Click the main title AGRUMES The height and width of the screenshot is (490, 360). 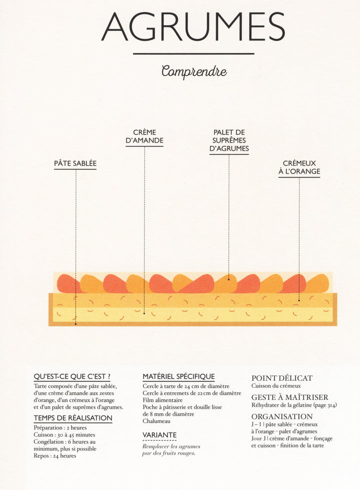pyautogui.click(x=193, y=27)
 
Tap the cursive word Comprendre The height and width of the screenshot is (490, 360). pyautogui.click(x=194, y=71)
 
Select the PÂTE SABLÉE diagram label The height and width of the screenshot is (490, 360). pyautogui.click(x=75, y=164)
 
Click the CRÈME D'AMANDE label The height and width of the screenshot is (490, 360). pyautogui.click(x=144, y=137)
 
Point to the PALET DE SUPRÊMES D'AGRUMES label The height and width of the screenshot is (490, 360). pyautogui.click(x=229, y=141)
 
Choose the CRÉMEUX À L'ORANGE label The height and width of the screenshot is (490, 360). pyautogui.click(x=299, y=167)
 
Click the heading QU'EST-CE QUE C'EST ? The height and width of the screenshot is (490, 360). pyautogui.click(x=72, y=376)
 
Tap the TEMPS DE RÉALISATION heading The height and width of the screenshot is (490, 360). pyautogui.click(x=72, y=418)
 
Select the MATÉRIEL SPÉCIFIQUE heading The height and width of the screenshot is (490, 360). pyautogui.click(x=178, y=376)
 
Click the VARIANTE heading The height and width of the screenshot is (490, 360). pyautogui.click(x=159, y=435)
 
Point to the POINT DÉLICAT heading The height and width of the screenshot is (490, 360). pyautogui.click(x=282, y=378)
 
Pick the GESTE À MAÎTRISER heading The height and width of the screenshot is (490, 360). pyautogui.click(x=289, y=397)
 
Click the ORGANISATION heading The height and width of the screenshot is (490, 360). pyautogui.click(x=282, y=416)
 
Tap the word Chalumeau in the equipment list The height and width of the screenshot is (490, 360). pyautogui.click(x=156, y=421)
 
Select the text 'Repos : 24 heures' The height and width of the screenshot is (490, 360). pyautogui.click(x=55, y=455)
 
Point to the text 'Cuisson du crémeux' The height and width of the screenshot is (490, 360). pyautogui.click(x=276, y=386)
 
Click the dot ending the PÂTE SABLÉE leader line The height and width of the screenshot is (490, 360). pyautogui.click(x=75, y=324)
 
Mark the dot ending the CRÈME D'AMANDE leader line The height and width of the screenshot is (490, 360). pyautogui.click(x=144, y=313)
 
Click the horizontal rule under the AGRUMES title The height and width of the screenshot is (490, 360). pyautogui.click(x=193, y=54)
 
